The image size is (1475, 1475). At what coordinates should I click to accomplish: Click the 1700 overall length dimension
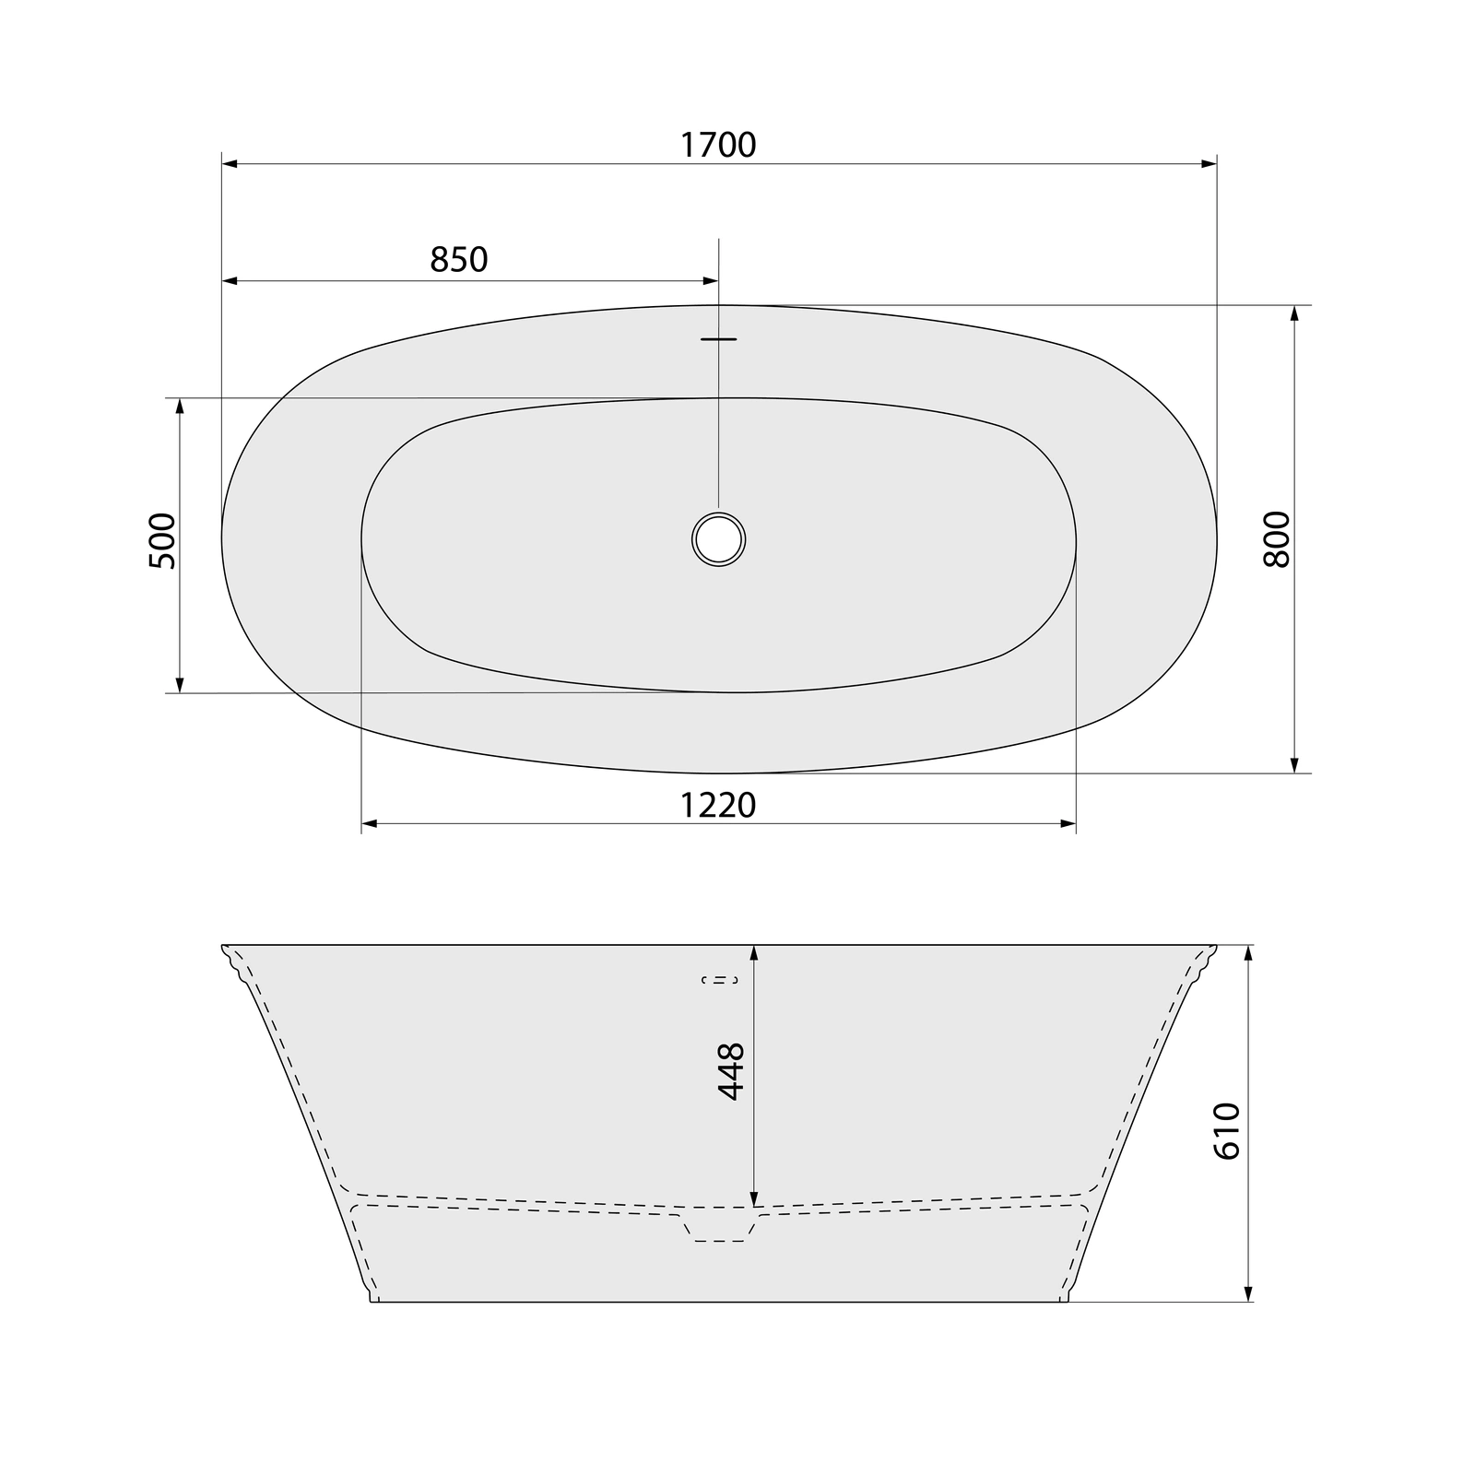[718, 145]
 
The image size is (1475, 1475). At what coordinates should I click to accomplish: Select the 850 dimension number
[459, 260]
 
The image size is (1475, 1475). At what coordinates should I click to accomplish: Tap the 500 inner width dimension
[161, 541]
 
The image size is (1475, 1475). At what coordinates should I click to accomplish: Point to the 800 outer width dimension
[1277, 538]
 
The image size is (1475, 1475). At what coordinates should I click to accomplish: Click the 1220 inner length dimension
[718, 806]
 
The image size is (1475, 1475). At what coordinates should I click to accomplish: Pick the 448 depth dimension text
[731, 1071]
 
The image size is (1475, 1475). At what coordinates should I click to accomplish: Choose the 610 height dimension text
[1227, 1130]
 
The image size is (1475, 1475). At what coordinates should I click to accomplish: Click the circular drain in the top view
[719, 538]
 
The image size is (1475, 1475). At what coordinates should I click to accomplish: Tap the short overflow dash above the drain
[719, 339]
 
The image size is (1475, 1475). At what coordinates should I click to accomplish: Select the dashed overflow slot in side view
[719, 980]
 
